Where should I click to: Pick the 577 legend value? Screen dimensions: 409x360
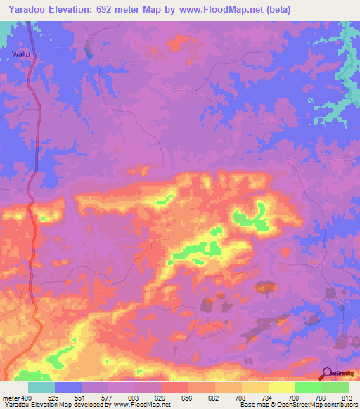click(x=108, y=397)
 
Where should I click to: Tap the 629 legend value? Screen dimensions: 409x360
click(x=162, y=397)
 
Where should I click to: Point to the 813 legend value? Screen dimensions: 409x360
click(x=347, y=397)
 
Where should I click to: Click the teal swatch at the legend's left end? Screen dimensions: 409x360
click(x=41, y=387)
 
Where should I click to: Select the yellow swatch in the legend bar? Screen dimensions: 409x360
click(x=282, y=387)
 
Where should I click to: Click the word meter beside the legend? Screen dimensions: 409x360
click(x=10, y=397)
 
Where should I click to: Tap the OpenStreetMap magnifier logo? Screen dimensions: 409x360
click(x=328, y=373)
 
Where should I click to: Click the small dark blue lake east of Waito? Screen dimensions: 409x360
click(x=87, y=49)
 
